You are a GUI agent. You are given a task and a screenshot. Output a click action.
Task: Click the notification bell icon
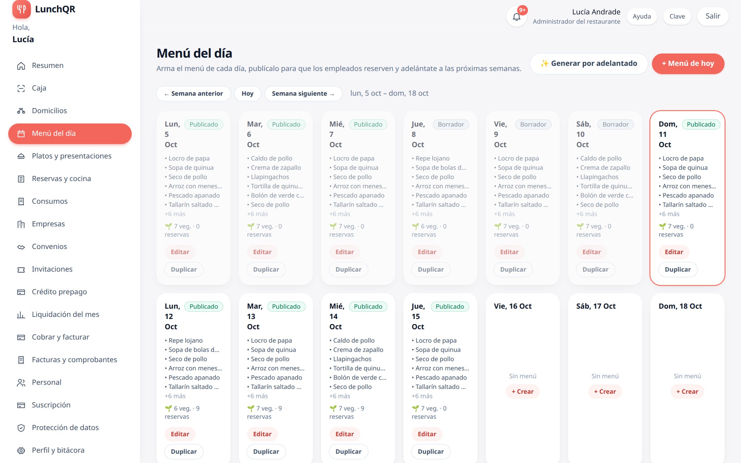pyautogui.click(x=516, y=16)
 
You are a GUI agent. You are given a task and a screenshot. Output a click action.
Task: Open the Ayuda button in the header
pyautogui.click(x=642, y=16)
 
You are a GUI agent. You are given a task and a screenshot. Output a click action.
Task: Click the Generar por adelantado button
pyautogui.click(x=589, y=63)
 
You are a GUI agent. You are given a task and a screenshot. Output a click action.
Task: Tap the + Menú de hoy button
pyautogui.click(x=688, y=63)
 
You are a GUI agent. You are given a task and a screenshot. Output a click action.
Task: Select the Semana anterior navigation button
pyautogui.click(x=193, y=94)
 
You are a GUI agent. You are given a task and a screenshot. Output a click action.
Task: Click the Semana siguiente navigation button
pyautogui.click(x=303, y=94)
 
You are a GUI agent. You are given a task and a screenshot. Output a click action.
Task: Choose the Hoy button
pyautogui.click(x=247, y=94)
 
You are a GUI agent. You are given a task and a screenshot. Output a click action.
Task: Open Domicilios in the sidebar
pyautogui.click(x=49, y=111)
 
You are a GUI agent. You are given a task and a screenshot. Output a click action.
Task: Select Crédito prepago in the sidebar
pyautogui.click(x=59, y=292)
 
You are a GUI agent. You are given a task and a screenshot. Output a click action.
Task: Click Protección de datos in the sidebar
pyautogui.click(x=65, y=428)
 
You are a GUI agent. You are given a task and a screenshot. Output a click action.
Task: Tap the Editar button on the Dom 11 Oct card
pyautogui.click(x=674, y=252)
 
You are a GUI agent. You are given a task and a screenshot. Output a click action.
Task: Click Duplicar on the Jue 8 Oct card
pyautogui.click(x=431, y=270)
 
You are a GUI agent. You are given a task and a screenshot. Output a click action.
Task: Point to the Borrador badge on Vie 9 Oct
pyautogui.click(x=533, y=124)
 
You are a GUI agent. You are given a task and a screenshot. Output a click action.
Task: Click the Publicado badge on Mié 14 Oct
pyautogui.click(x=368, y=307)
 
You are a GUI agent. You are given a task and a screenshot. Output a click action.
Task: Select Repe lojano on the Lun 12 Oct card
pyautogui.click(x=186, y=341)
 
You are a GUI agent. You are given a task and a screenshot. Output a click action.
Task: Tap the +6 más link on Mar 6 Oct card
pyautogui.click(x=257, y=214)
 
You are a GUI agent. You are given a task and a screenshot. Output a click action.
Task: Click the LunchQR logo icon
pyautogui.click(x=21, y=9)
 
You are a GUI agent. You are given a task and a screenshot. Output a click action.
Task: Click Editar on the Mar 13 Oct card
pyautogui.click(x=262, y=434)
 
